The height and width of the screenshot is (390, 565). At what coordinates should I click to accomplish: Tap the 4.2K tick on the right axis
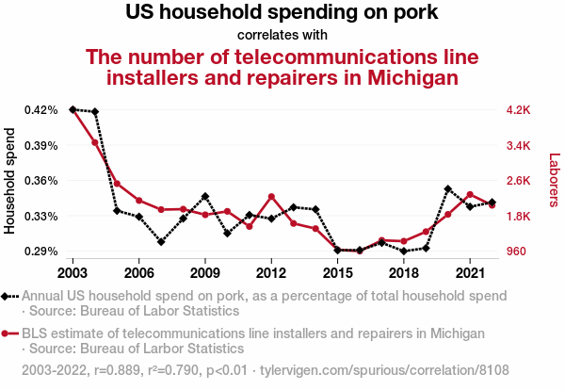[x=519, y=110]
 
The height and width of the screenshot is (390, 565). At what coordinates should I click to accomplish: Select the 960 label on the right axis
[x=517, y=252]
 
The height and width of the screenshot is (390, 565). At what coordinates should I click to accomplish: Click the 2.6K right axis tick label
[x=519, y=181]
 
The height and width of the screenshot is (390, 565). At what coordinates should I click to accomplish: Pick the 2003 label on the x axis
[x=73, y=272]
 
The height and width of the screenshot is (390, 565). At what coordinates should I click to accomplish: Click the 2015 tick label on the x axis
[x=337, y=272]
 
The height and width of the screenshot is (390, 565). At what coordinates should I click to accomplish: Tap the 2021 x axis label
[x=470, y=272]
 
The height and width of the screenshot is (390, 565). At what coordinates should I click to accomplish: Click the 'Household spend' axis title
[x=11, y=181]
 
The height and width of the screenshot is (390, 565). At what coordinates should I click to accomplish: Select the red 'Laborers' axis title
[x=554, y=181]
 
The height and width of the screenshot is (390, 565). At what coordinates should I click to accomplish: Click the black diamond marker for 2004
[x=94, y=112]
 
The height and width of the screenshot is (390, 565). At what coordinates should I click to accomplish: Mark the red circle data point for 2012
[x=271, y=197]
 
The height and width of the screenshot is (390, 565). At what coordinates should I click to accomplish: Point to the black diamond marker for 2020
[x=447, y=189]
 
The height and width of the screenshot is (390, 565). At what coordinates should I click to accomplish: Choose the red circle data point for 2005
[x=117, y=184]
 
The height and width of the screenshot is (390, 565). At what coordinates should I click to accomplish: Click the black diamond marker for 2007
[x=161, y=242]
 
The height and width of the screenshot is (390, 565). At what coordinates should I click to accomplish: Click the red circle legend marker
[x=7, y=333]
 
